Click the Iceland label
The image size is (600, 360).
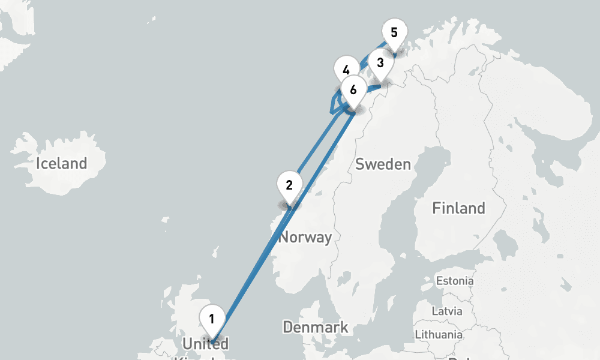[61, 163]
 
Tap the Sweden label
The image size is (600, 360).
[383, 164]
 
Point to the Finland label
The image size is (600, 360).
[458, 208]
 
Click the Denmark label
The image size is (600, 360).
[315, 328]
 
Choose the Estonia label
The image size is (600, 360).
[454, 281]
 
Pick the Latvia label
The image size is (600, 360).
[447, 311]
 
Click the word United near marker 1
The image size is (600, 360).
[205, 344]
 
